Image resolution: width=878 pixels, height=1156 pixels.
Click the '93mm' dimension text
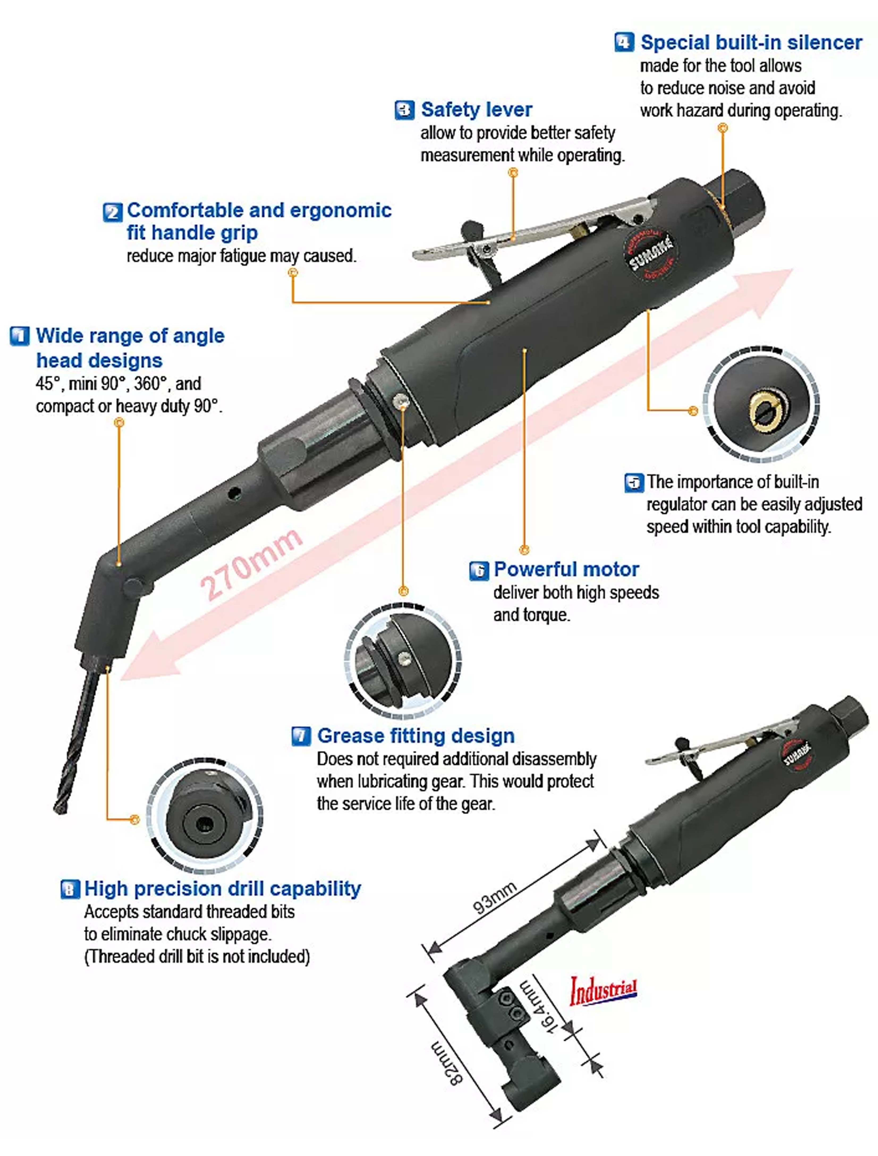pos(494,897)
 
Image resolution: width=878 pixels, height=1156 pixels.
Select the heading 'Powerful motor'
pos(566,569)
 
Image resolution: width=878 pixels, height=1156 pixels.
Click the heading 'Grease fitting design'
pos(415,736)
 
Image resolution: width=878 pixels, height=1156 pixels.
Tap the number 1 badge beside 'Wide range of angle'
pos(20,336)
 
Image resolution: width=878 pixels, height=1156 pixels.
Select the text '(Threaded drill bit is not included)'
pos(197,956)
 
